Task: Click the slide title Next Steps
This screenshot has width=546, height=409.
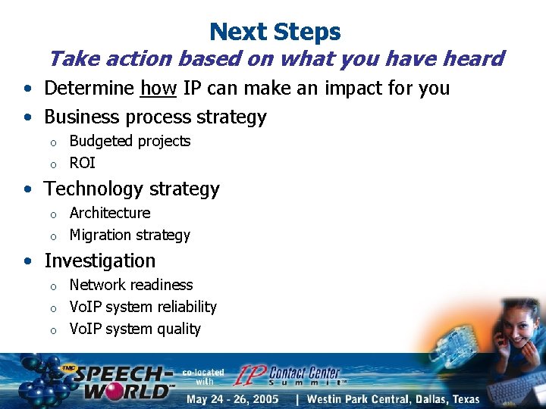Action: (x=275, y=32)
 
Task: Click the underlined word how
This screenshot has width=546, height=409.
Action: (x=158, y=89)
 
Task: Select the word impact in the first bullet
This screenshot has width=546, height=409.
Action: (x=355, y=89)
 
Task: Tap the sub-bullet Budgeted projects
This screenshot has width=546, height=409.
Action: (x=130, y=141)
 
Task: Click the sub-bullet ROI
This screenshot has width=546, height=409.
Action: (x=82, y=163)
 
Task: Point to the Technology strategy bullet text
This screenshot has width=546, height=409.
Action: (x=131, y=189)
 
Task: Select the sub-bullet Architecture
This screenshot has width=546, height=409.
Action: (x=109, y=213)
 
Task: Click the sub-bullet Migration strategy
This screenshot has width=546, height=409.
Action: (x=130, y=235)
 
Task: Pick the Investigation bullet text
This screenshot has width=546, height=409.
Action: (x=99, y=261)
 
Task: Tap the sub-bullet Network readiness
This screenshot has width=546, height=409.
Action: (x=130, y=285)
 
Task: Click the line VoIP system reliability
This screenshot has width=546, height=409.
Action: (x=143, y=307)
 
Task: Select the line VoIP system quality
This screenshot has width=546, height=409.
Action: (x=135, y=329)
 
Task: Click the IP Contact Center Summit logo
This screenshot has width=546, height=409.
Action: (x=288, y=376)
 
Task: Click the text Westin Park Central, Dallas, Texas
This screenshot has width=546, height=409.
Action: (x=393, y=399)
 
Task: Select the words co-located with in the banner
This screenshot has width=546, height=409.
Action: (x=203, y=376)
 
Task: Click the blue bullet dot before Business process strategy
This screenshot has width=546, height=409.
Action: (x=27, y=118)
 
